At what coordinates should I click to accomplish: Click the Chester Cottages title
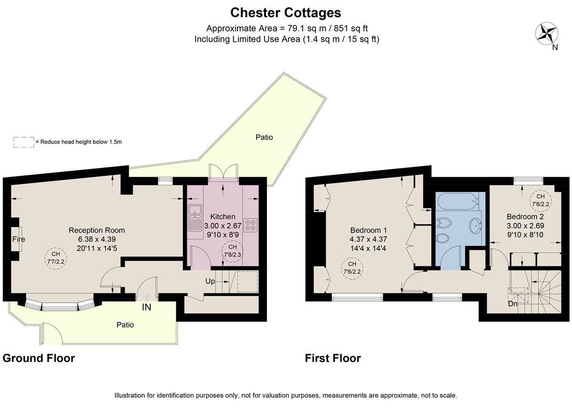click(286, 12)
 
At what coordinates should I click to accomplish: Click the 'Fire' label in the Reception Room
click(19, 239)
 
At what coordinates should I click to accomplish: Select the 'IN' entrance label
click(146, 307)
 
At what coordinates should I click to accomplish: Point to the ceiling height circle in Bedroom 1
click(352, 268)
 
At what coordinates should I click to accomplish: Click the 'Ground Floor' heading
click(39, 358)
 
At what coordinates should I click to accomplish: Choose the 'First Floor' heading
click(333, 358)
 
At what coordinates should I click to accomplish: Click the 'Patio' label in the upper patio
click(264, 137)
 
